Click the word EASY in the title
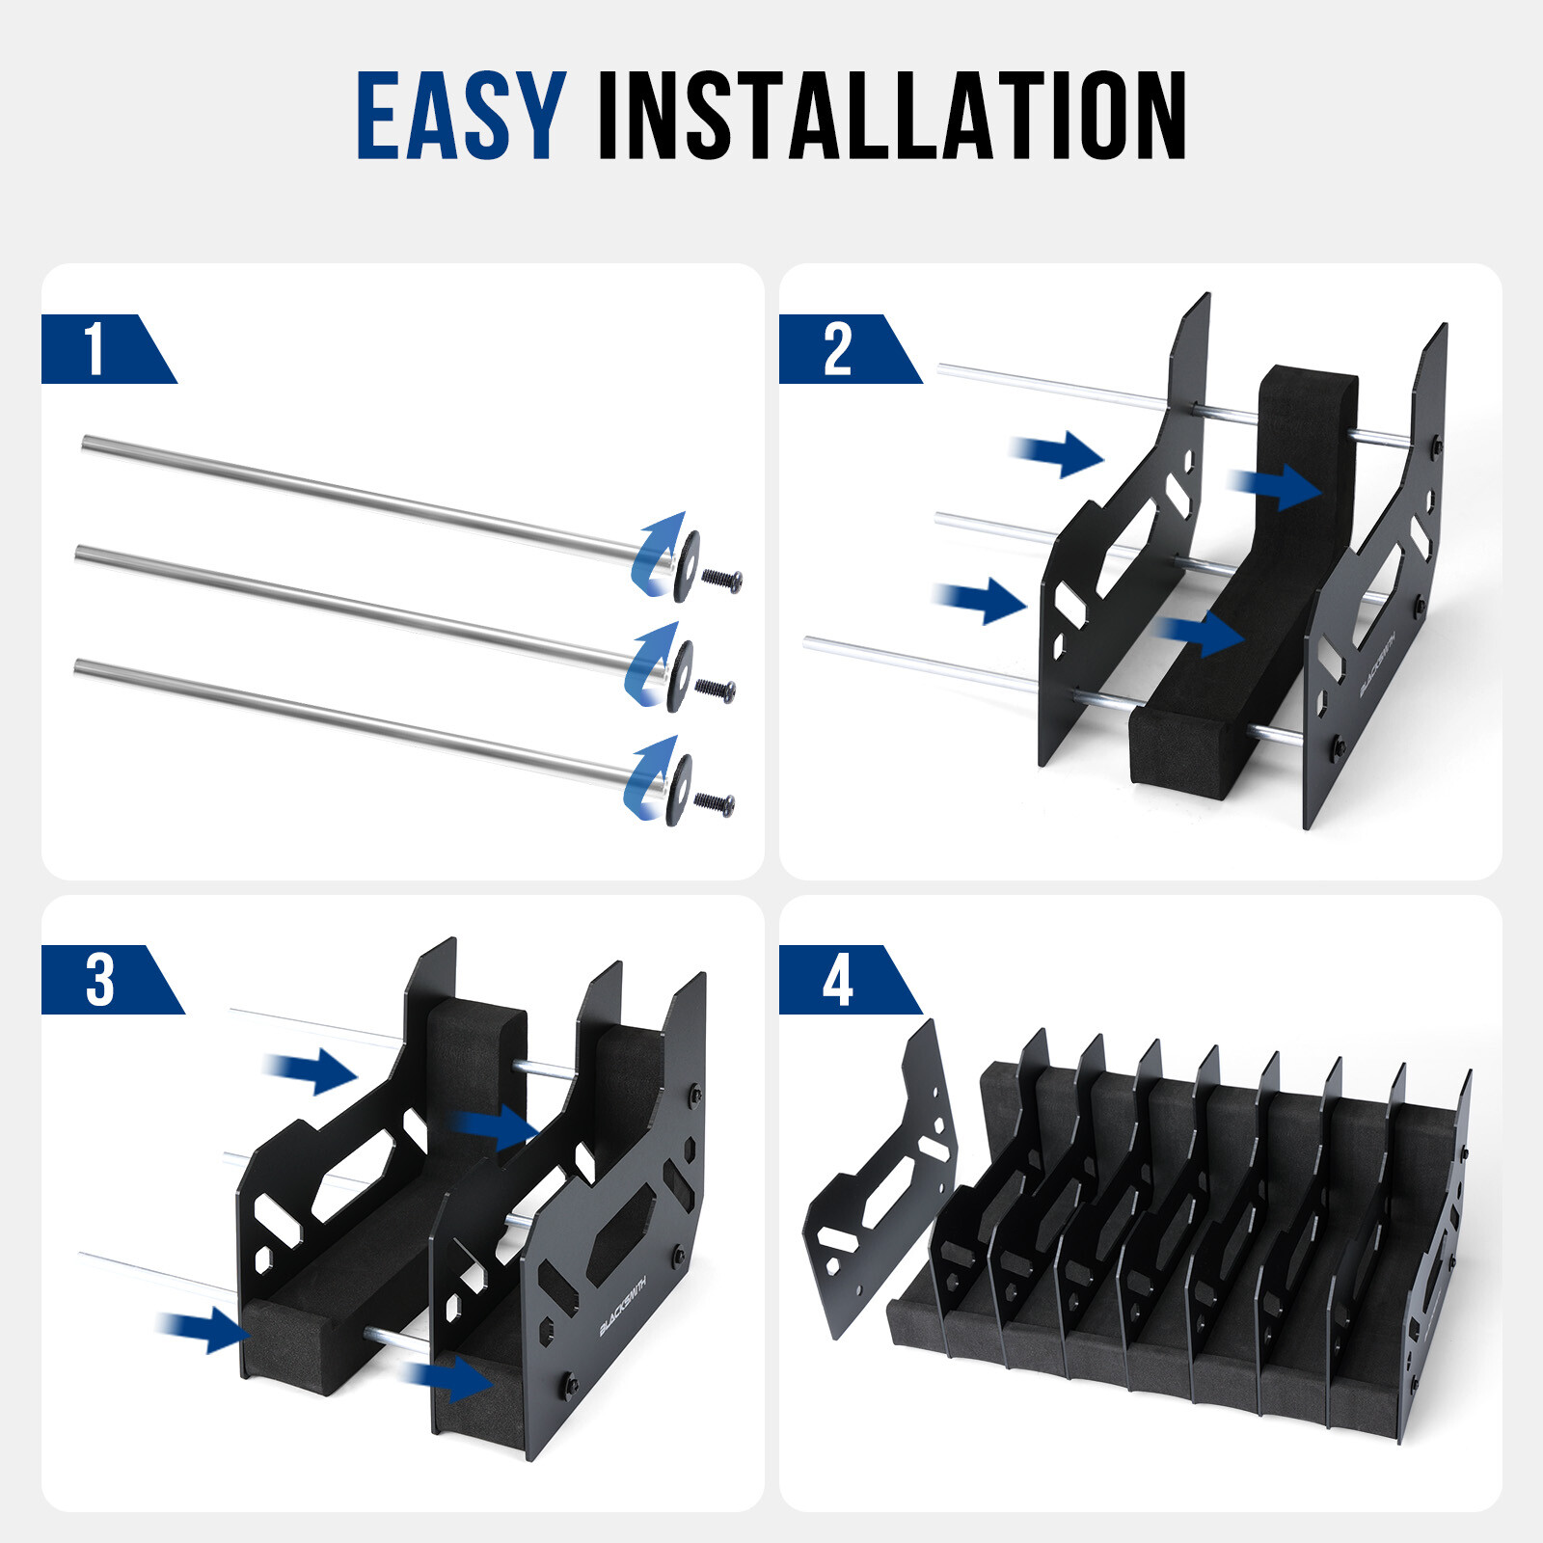click(x=461, y=116)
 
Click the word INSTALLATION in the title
click(x=891, y=116)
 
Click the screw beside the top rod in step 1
click(x=721, y=581)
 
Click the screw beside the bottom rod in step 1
click(x=715, y=802)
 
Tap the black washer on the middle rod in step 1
click(x=681, y=675)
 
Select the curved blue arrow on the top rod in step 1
click(x=657, y=555)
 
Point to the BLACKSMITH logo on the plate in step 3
click(x=623, y=1302)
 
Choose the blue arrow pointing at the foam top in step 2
click(x=1277, y=486)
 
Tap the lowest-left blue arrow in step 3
click(x=204, y=1329)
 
